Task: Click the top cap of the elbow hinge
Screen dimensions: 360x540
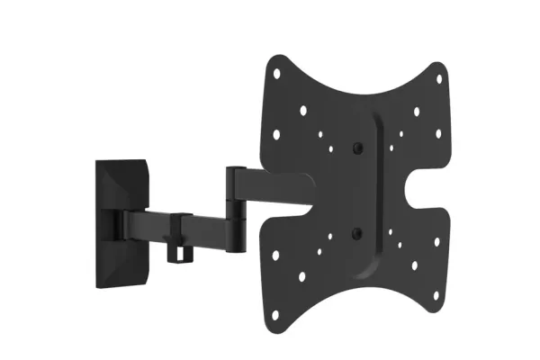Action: pos(238,168)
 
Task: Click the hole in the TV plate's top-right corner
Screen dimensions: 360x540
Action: pos(439,77)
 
